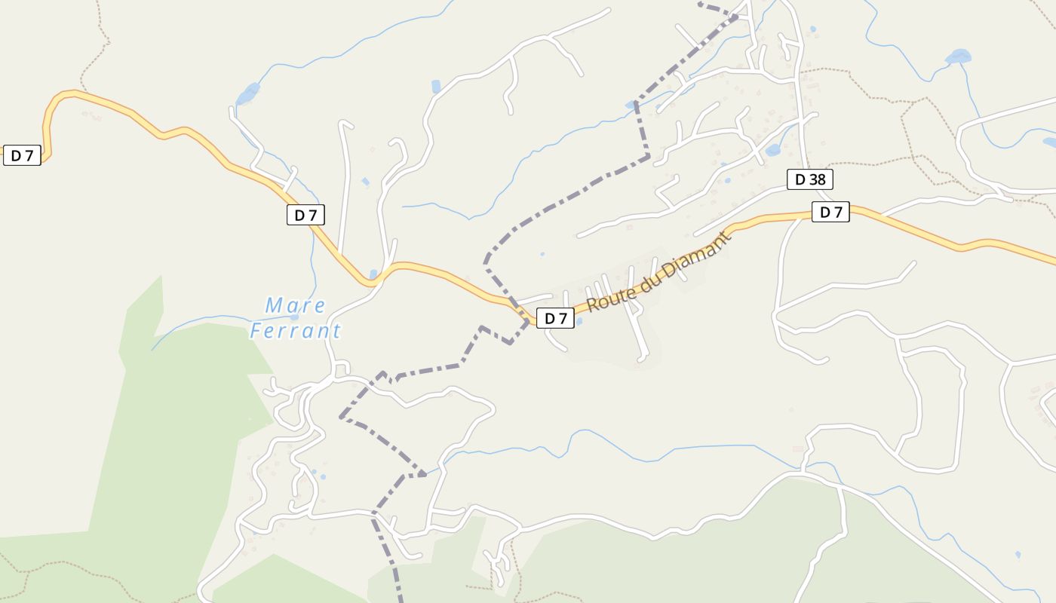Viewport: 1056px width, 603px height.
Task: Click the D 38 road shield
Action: click(x=809, y=179)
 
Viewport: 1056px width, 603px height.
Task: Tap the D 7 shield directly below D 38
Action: click(x=830, y=213)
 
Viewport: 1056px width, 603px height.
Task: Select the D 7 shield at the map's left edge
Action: click(x=22, y=156)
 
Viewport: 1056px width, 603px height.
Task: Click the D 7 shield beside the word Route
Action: click(x=555, y=318)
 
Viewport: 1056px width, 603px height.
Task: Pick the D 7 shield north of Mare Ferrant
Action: click(x=305, y=215)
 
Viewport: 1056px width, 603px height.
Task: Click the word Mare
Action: click(x=296, y=305)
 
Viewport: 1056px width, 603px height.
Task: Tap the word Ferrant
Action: click(x=296, y=331)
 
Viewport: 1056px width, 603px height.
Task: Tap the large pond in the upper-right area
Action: click(x=958, y=57)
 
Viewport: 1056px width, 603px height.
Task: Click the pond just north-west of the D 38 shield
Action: click(x=772, y=150)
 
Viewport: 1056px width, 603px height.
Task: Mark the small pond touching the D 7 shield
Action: click(x=579, y=321)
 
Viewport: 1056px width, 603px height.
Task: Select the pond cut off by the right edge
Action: click(x=1049, y=142)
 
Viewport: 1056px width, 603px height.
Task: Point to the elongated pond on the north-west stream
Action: click(x=247, y=94)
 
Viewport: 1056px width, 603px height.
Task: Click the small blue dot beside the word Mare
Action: click(x=294, y=317)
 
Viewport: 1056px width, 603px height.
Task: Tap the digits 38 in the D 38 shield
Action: click(x=817, y=179)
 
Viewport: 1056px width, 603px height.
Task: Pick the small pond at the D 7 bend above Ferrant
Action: click(x=373, y=274)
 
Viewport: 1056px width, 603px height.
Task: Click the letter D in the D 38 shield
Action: click(x=800, y=179)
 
